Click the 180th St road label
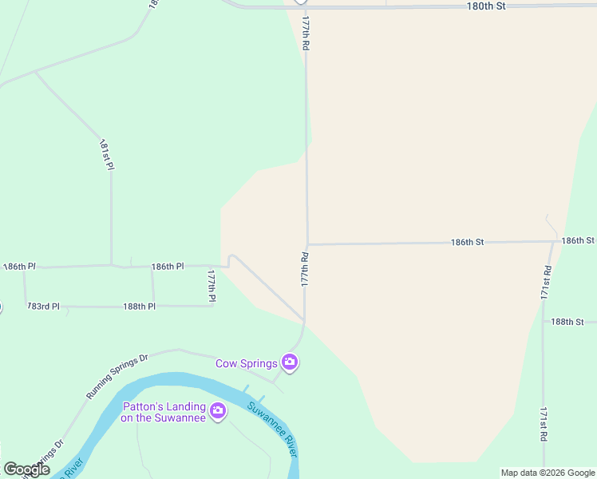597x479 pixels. tap(486, 6)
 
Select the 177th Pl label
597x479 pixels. tap(212, 285)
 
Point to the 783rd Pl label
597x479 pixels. tap(43, 306)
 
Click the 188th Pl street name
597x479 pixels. tap(139, 306)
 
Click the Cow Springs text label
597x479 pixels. tap(247, 363)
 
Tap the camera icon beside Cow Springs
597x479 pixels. tap(290, 363)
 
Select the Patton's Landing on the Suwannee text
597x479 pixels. tap(164, 411)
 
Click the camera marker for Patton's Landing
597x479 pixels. tap(218, 412)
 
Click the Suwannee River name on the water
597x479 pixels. tap(272, 428)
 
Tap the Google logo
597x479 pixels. tap(26, 469)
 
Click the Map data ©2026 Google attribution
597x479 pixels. tap(548, 473)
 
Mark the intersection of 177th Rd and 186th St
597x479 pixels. tap(307, 244)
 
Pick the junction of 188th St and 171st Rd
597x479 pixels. tap(543, 322)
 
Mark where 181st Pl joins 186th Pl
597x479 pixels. tap(111, 265)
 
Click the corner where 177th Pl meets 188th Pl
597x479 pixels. tap(213, 306)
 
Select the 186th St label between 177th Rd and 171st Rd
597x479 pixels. tap(467, 241)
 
